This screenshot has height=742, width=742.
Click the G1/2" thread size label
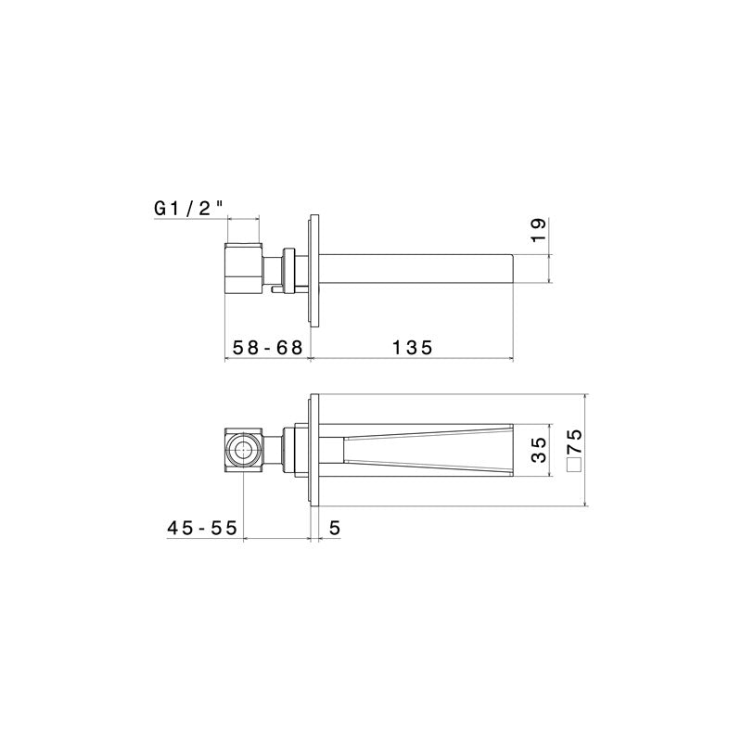click(x=189, y=209)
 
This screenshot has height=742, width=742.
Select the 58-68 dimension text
click(x=267, y=348)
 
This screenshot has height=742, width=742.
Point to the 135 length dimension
click(x=412, y=348)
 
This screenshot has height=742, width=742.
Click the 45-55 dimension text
click(x=202, y=527)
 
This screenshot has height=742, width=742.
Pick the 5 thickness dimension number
click(x=335, y=527)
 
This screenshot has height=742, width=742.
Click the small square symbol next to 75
click(x=574, y=464)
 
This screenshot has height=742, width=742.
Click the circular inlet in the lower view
click(x=244, y=452)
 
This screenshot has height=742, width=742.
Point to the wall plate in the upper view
click(x=314, y=266)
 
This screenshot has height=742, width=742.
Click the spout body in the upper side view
click(x=417, y=266)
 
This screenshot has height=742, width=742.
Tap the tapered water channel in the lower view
click(x=427, y=452)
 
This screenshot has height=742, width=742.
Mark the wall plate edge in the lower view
click(x=315, y=452)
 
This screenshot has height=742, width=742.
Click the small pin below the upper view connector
click(x=277, y=290)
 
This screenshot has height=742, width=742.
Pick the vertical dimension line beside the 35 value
click(x=551, y=452)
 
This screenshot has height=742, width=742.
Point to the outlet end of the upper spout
click(x=514, y=266)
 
